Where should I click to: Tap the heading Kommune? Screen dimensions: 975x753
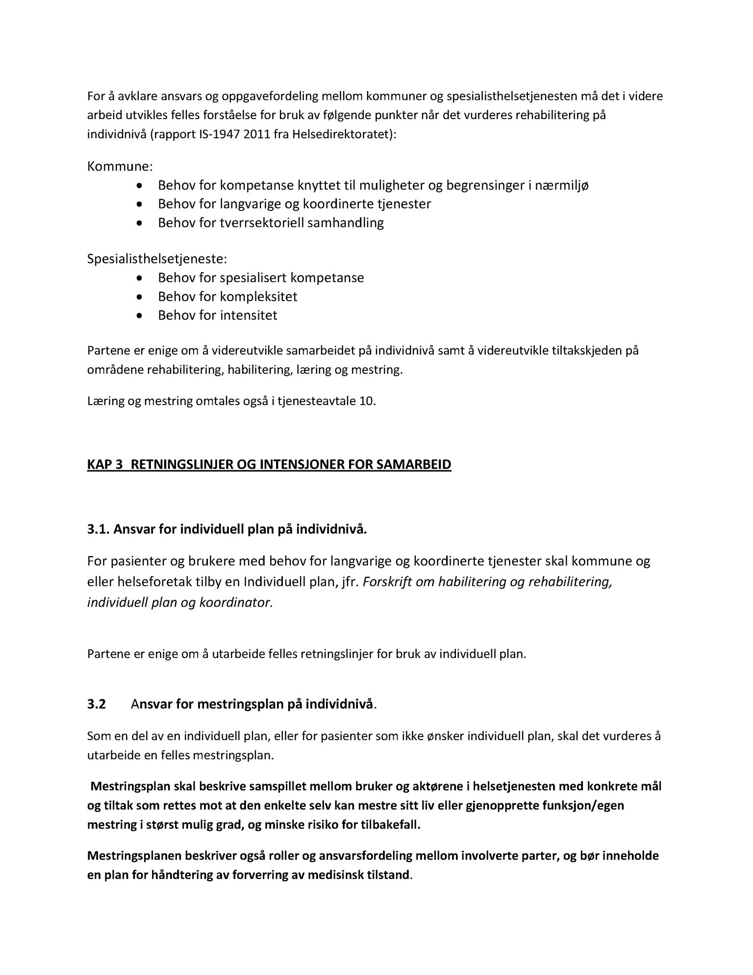(120, 166)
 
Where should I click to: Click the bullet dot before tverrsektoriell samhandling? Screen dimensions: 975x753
(140, 223)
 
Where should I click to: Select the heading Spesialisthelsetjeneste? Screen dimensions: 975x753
(157, 258)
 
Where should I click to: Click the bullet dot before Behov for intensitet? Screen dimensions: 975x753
(140, 315)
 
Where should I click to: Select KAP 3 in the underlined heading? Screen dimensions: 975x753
(104, 464)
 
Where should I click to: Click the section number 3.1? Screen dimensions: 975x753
(98, 529)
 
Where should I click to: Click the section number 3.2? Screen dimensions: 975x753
(97, 704)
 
